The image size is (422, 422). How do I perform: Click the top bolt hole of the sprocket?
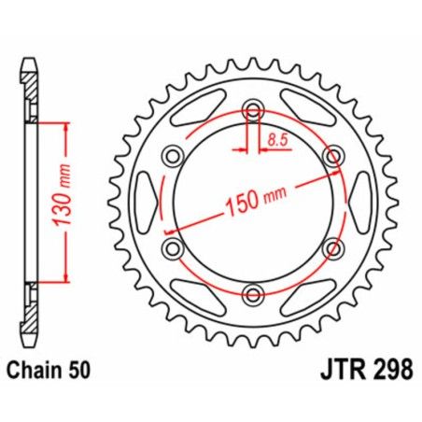[251, 110]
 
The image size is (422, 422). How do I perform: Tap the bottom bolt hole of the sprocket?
[251, 294]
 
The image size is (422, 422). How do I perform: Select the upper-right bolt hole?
[331, 156]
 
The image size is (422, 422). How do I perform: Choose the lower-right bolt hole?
[331, 248]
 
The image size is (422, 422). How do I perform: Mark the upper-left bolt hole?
[172, 156]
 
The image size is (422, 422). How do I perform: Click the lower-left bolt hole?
[172, 248]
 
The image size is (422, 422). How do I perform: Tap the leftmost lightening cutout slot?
[148, 202]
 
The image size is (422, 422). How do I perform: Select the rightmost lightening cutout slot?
[355, 202]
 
